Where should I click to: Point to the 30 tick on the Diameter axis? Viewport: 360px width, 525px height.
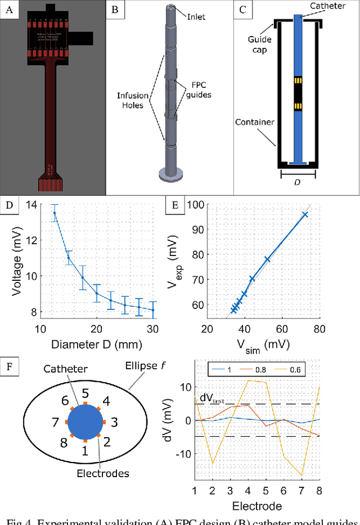tap(152, 328)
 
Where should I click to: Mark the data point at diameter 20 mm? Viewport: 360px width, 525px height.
tap(97, 293)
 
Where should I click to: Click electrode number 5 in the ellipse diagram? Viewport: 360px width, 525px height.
tap(85, 393)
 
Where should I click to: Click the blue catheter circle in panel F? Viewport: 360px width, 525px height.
tap(85, 423)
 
